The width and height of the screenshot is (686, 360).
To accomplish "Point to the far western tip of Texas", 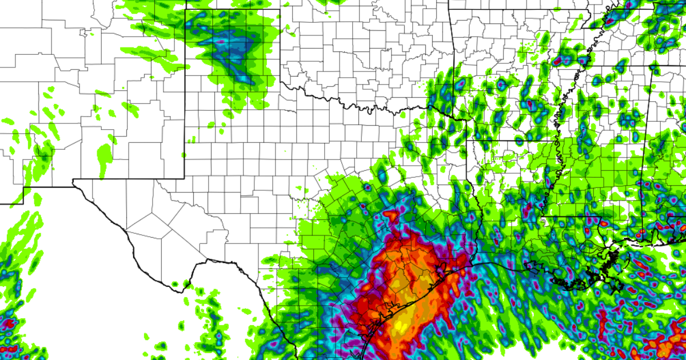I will coord(74,181).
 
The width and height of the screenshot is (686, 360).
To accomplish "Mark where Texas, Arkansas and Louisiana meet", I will coord(466,141).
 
